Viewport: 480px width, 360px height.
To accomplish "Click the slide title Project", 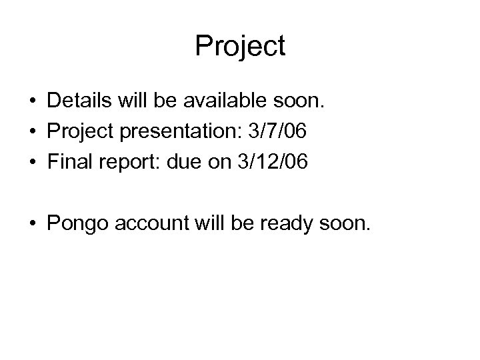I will point(240,47).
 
